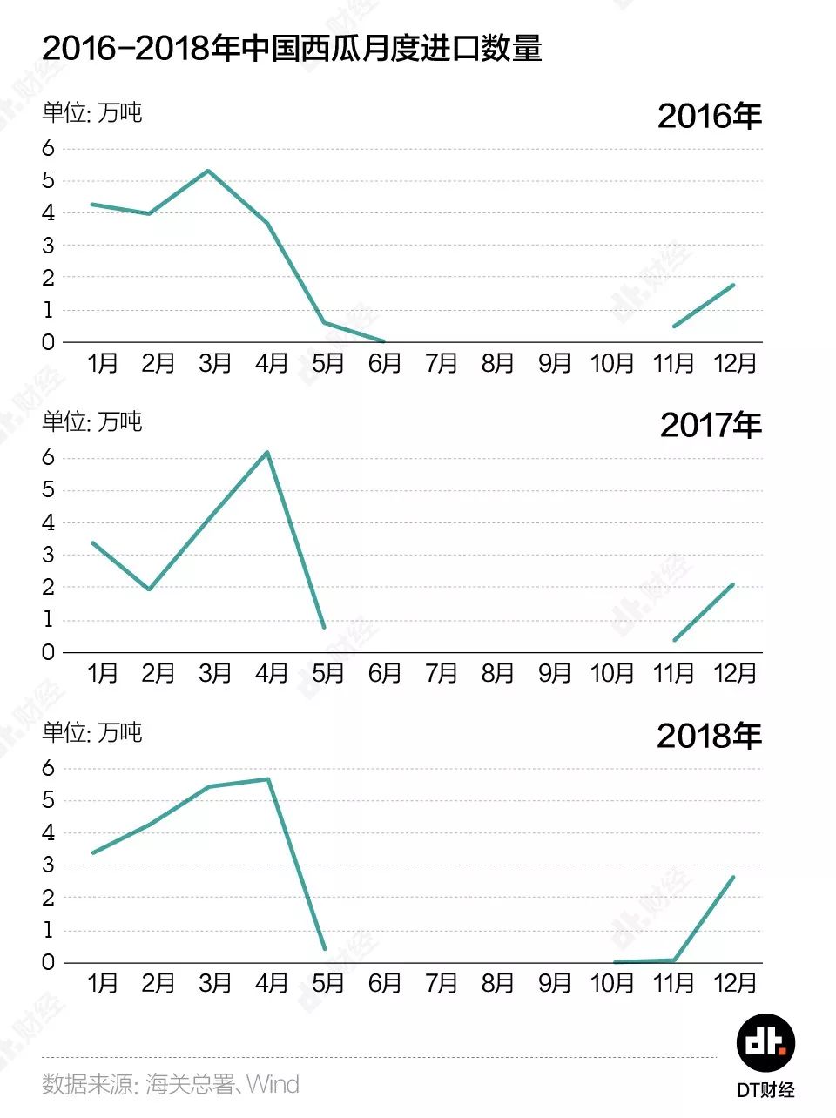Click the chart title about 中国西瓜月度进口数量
click(x=292, y=48)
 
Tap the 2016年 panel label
click(x=709, y=116)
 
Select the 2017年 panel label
click(x=711, y=425)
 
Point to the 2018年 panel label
click(x=709, y=736)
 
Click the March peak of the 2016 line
click(x=207, y=171)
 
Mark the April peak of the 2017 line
click(x=267, y=452)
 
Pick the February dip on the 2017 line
click(x=150, y=589)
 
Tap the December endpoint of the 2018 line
click(x=733, y=878)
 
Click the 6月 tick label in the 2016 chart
click(x=384, y=363)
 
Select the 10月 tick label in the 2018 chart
click(x=611, y=983)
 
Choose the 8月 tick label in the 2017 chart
click(x=497, y=673)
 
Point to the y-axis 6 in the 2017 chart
click(x=48, y=457)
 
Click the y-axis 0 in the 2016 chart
click(x=48, y=342)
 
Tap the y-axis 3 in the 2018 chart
click(x=48, y=865)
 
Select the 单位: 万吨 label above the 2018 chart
click(x=91, y=732)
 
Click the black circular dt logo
click(x=765, y=1042)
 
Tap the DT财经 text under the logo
click(x=765, y=1090)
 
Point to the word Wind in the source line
click(x=273, y=1084)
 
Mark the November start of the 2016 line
click(x=674, y=327)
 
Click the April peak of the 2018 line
click(x=267, y=779)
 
